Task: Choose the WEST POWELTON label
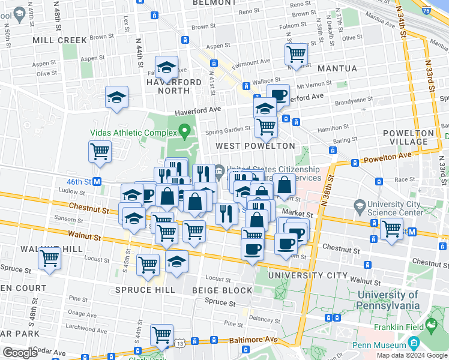(255, 146)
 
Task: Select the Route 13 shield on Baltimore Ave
(180, 342)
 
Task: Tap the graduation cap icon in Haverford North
(166, 67)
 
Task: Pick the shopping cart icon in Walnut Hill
(49, 259)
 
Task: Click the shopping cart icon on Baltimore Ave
(161, 334)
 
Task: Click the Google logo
(20, 353)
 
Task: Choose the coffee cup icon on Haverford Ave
(278, 95)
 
